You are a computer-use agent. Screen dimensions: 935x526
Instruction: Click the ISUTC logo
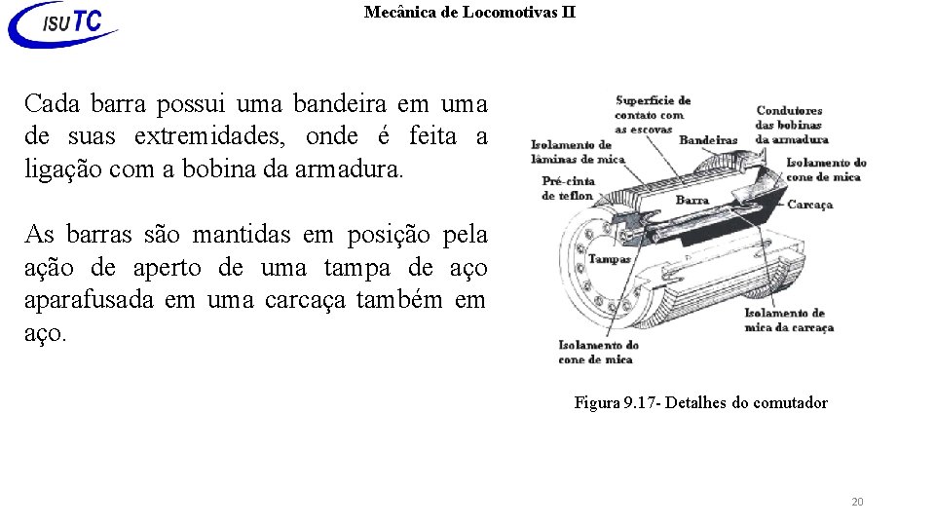point(63,24)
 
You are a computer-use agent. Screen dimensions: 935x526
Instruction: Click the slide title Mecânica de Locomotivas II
point(469,13)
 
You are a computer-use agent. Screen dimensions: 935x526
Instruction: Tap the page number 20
point(857,502)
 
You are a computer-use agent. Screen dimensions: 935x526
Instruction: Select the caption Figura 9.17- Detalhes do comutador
point(700,402)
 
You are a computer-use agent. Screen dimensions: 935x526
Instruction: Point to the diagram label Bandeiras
point(708,140)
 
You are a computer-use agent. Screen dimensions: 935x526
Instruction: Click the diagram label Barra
point(692,200)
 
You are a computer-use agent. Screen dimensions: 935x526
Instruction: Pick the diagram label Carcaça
point(810,205)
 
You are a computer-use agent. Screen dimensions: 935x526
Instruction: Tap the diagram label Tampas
point(609,259)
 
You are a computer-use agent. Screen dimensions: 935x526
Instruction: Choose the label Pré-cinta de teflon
point(568,188)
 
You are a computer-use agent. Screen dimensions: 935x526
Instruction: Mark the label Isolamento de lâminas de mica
point(578,152)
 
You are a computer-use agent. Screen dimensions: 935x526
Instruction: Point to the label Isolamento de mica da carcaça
point(789,319)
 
